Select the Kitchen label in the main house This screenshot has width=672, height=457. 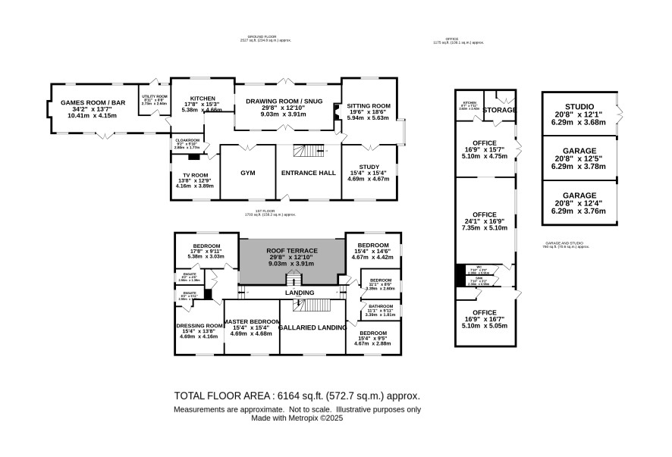point(203,99)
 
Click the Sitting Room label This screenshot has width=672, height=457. point(369,105)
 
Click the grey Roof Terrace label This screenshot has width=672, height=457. point(290,251)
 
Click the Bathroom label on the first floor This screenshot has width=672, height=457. point(381,306)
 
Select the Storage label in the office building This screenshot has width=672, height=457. point(501,111)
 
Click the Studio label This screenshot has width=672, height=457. point(579,107)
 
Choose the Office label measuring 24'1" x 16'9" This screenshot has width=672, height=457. point(485,214)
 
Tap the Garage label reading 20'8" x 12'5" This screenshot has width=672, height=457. point(579,151)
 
